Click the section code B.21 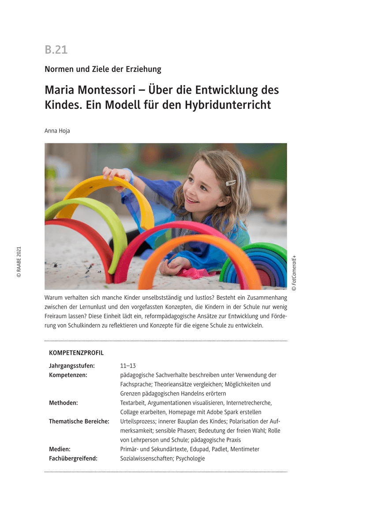tap(56, 50)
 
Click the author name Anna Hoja tap(57, 131)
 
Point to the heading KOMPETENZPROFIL tap(76, 353)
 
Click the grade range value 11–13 tap(128, 365)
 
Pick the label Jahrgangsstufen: tap(72, 365)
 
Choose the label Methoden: tap(64, 402)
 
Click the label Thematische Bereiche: tap(79, 421)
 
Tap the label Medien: tap(60, 449)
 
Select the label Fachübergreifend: tap(73, 458)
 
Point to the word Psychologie tap(191, 458)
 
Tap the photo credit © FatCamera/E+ tap(294, 272)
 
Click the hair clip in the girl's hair tap(231, 183)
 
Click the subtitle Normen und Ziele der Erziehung tap(103, 69)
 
